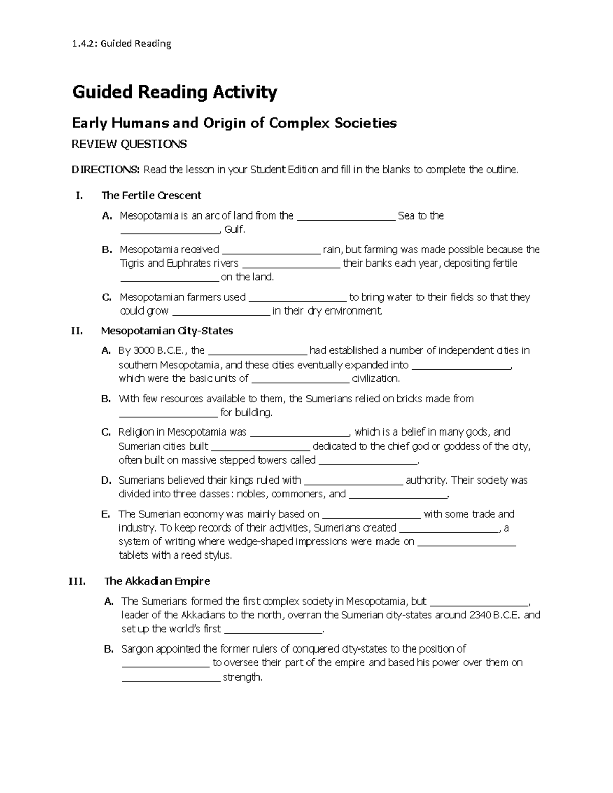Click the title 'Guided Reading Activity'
(x=175, y=92)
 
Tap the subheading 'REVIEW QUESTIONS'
(x=129, y=144)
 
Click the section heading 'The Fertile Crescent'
(x=151, y=195)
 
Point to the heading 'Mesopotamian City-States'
(x=167, y=331)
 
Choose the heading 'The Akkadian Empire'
(x=157, y=581)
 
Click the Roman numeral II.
(x=77, y=331)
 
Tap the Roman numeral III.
(x=77, y=581)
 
